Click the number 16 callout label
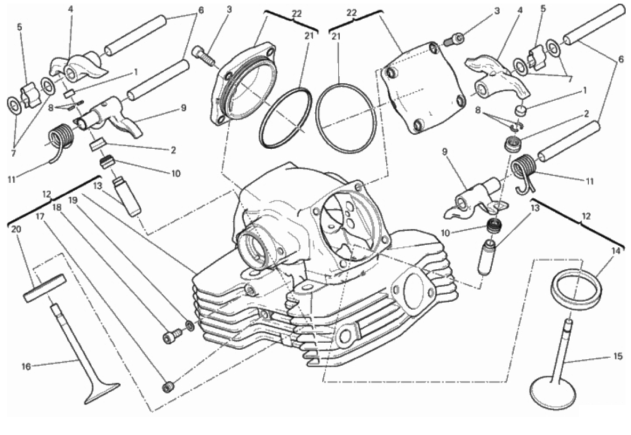coord(26,367)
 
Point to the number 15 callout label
coord(618,357)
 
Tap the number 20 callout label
coord(15,229)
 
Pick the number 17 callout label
coord(39,216)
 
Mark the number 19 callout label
coord(73,199)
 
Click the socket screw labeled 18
coord(169,336)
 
